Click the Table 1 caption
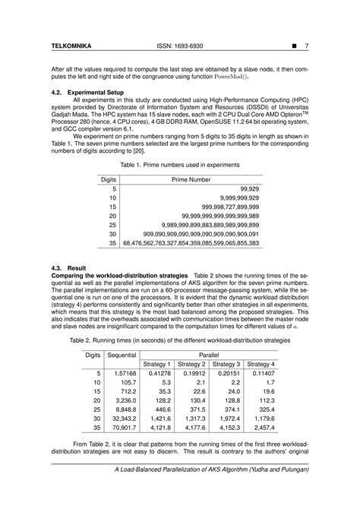coord(180,164)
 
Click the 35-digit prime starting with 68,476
coord(197,243)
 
